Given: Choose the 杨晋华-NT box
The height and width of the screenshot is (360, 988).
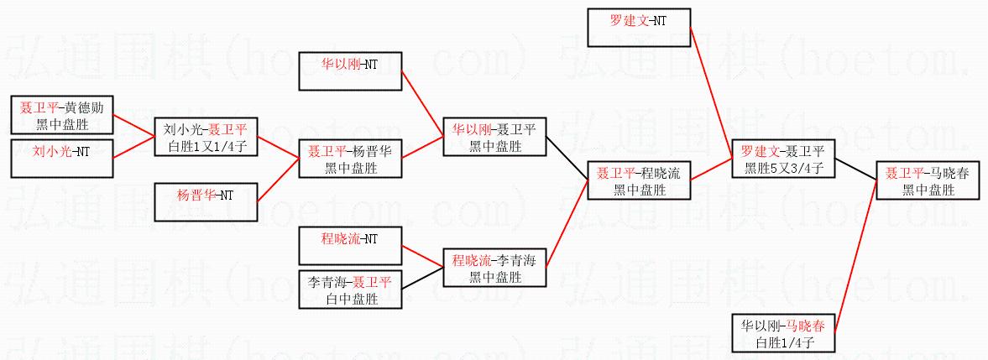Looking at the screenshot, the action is pyautogui.click(x=206, y=201).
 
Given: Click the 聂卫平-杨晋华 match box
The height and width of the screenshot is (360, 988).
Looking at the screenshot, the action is pyautogui.click(x=352, y=159).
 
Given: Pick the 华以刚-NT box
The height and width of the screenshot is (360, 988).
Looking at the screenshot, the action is pyautogui.click(x=351, y=71).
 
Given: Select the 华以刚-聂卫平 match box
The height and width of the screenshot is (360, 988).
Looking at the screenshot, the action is pyautogui.click(x=495, y=137).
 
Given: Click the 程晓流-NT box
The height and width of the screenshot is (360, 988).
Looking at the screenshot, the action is pyautogui.click(x=351, y=245).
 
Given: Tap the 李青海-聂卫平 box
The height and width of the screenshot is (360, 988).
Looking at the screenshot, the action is pyautogui.click(x=351, y=289).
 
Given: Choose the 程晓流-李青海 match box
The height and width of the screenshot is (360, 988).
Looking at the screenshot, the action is pyautogui.click(x=495, y=268).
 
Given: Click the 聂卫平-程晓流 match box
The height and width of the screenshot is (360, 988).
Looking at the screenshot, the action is pyautogui.click(x=639, y=180).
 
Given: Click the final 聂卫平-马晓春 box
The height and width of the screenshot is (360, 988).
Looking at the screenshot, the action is pyautogui.click(x=928, y=180).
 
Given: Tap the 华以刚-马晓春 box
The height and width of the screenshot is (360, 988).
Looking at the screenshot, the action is pyautogui.click(x=782, y=332).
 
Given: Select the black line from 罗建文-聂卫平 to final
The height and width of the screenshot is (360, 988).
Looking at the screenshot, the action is pyautogui.click(x=855, y=170).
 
